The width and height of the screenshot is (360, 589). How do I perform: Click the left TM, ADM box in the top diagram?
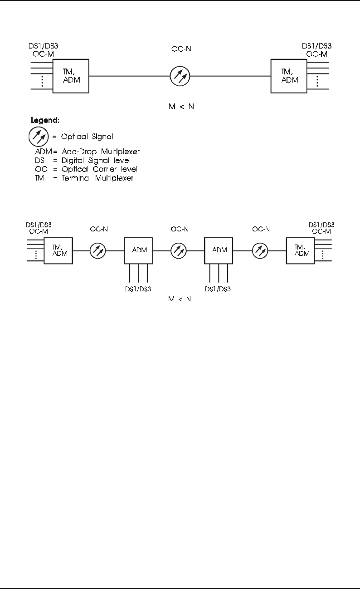click(x=71, y=76)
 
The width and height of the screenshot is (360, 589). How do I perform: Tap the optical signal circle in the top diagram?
click(x=180, y=76)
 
